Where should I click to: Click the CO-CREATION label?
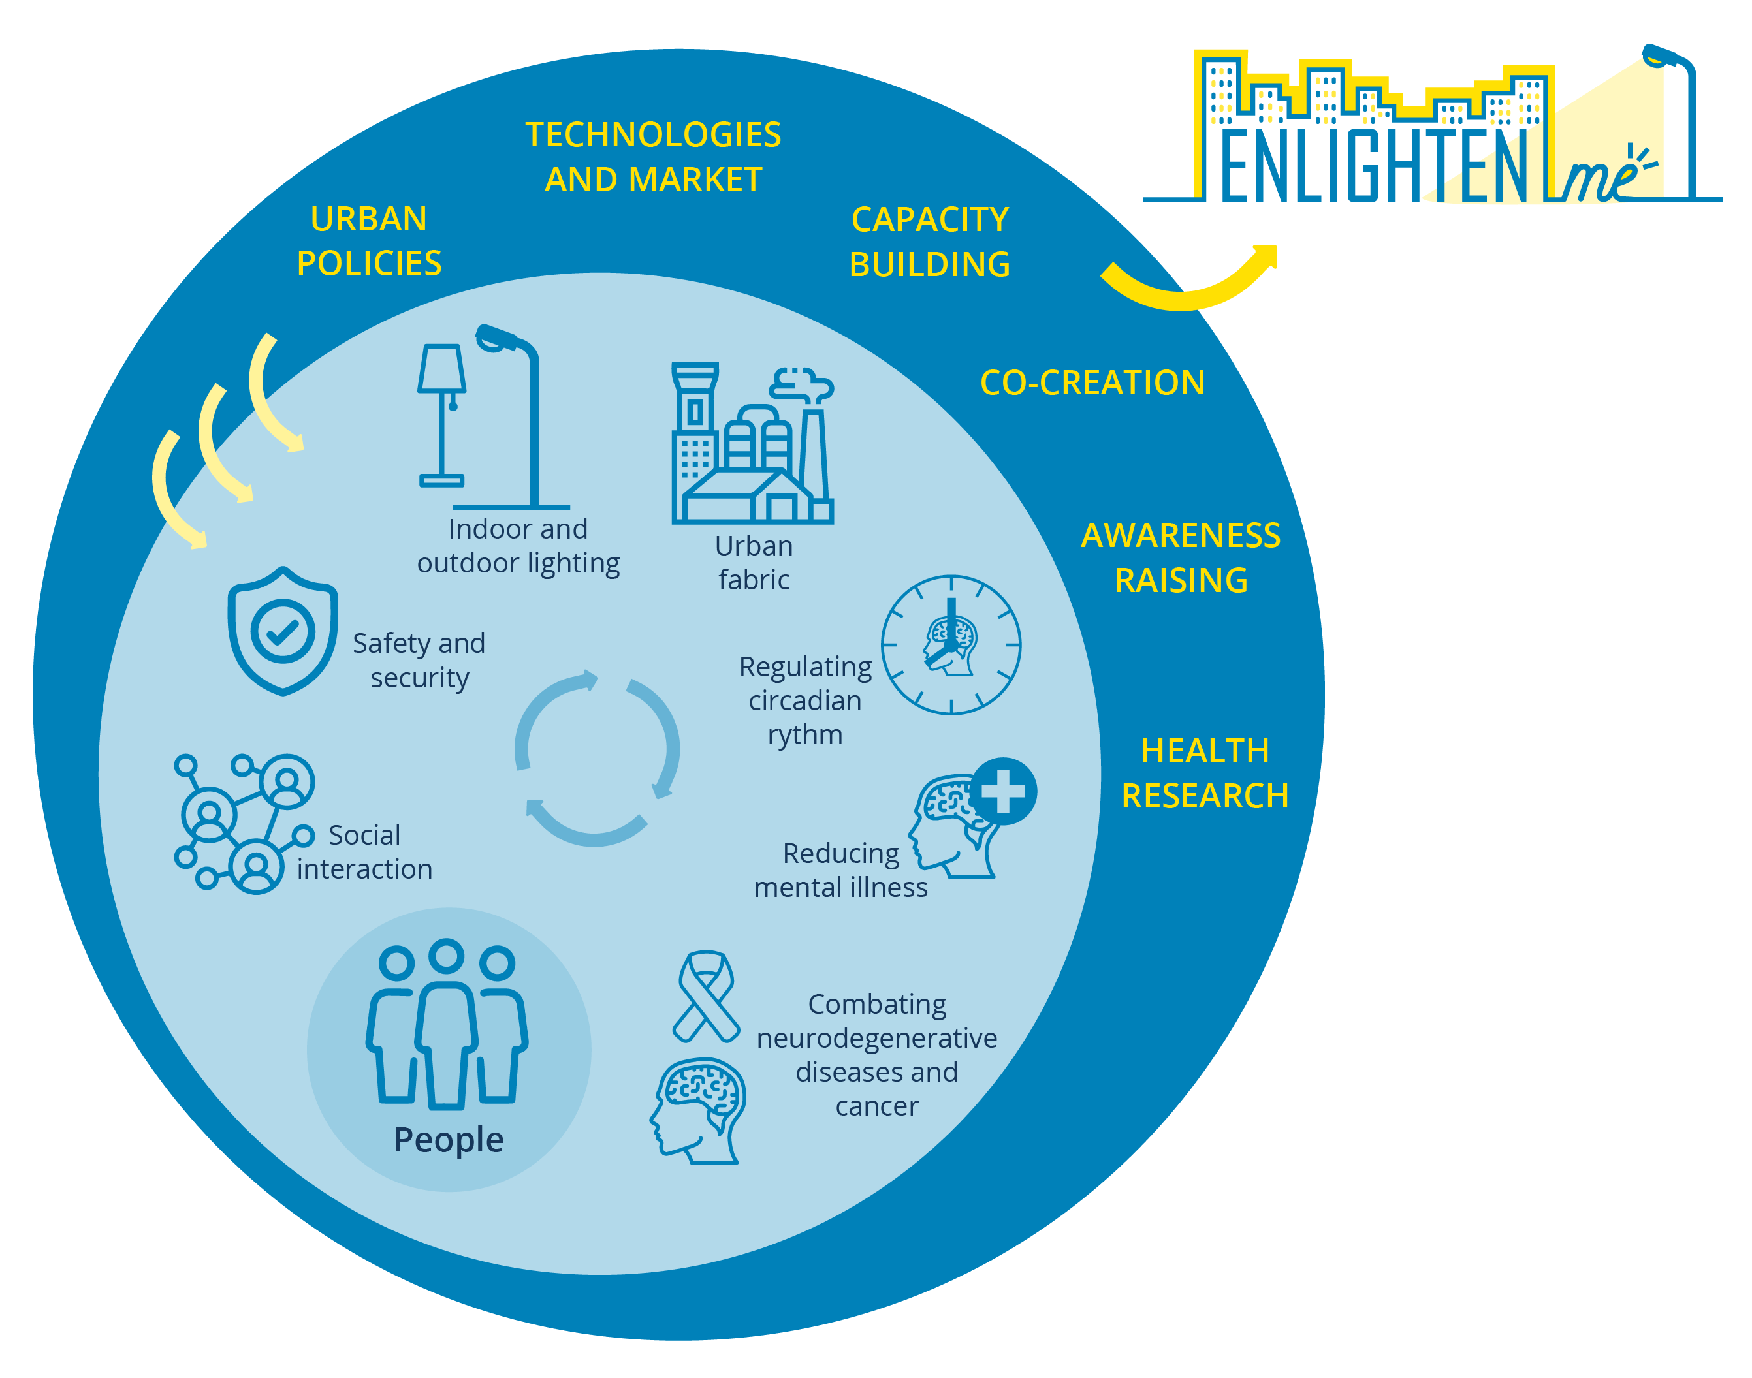pyautogui.click(x=1092, y=383)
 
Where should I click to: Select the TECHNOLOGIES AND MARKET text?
pyautogui.click(x=653, y=157)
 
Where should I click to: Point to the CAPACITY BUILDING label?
pyautogui.click(x=930, y=242)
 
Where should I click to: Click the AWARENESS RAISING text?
pyautogui.click(x=1181, y=557)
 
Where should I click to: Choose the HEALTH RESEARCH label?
pyautogui.click(x=1205, y=773)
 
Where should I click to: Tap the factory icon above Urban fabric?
pyautogui.click(x=752, y=444)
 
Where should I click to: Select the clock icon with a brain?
pyautogui.click(x=951, y=645)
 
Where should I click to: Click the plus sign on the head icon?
pyautogui.click(x=1003, y=791)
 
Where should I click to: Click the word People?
pyautogui.click(x=449, y=1140)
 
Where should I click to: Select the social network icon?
pyautogui.click(x=242, y=823)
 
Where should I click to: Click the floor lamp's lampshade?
pyautogui.click(x=441, y=369)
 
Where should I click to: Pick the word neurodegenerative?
pyautogui.click(x=876, y=1039)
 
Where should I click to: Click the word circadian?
pyautogui.click(x=804, y=700)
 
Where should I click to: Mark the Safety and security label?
pyautogui.click(x=419, y=660)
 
